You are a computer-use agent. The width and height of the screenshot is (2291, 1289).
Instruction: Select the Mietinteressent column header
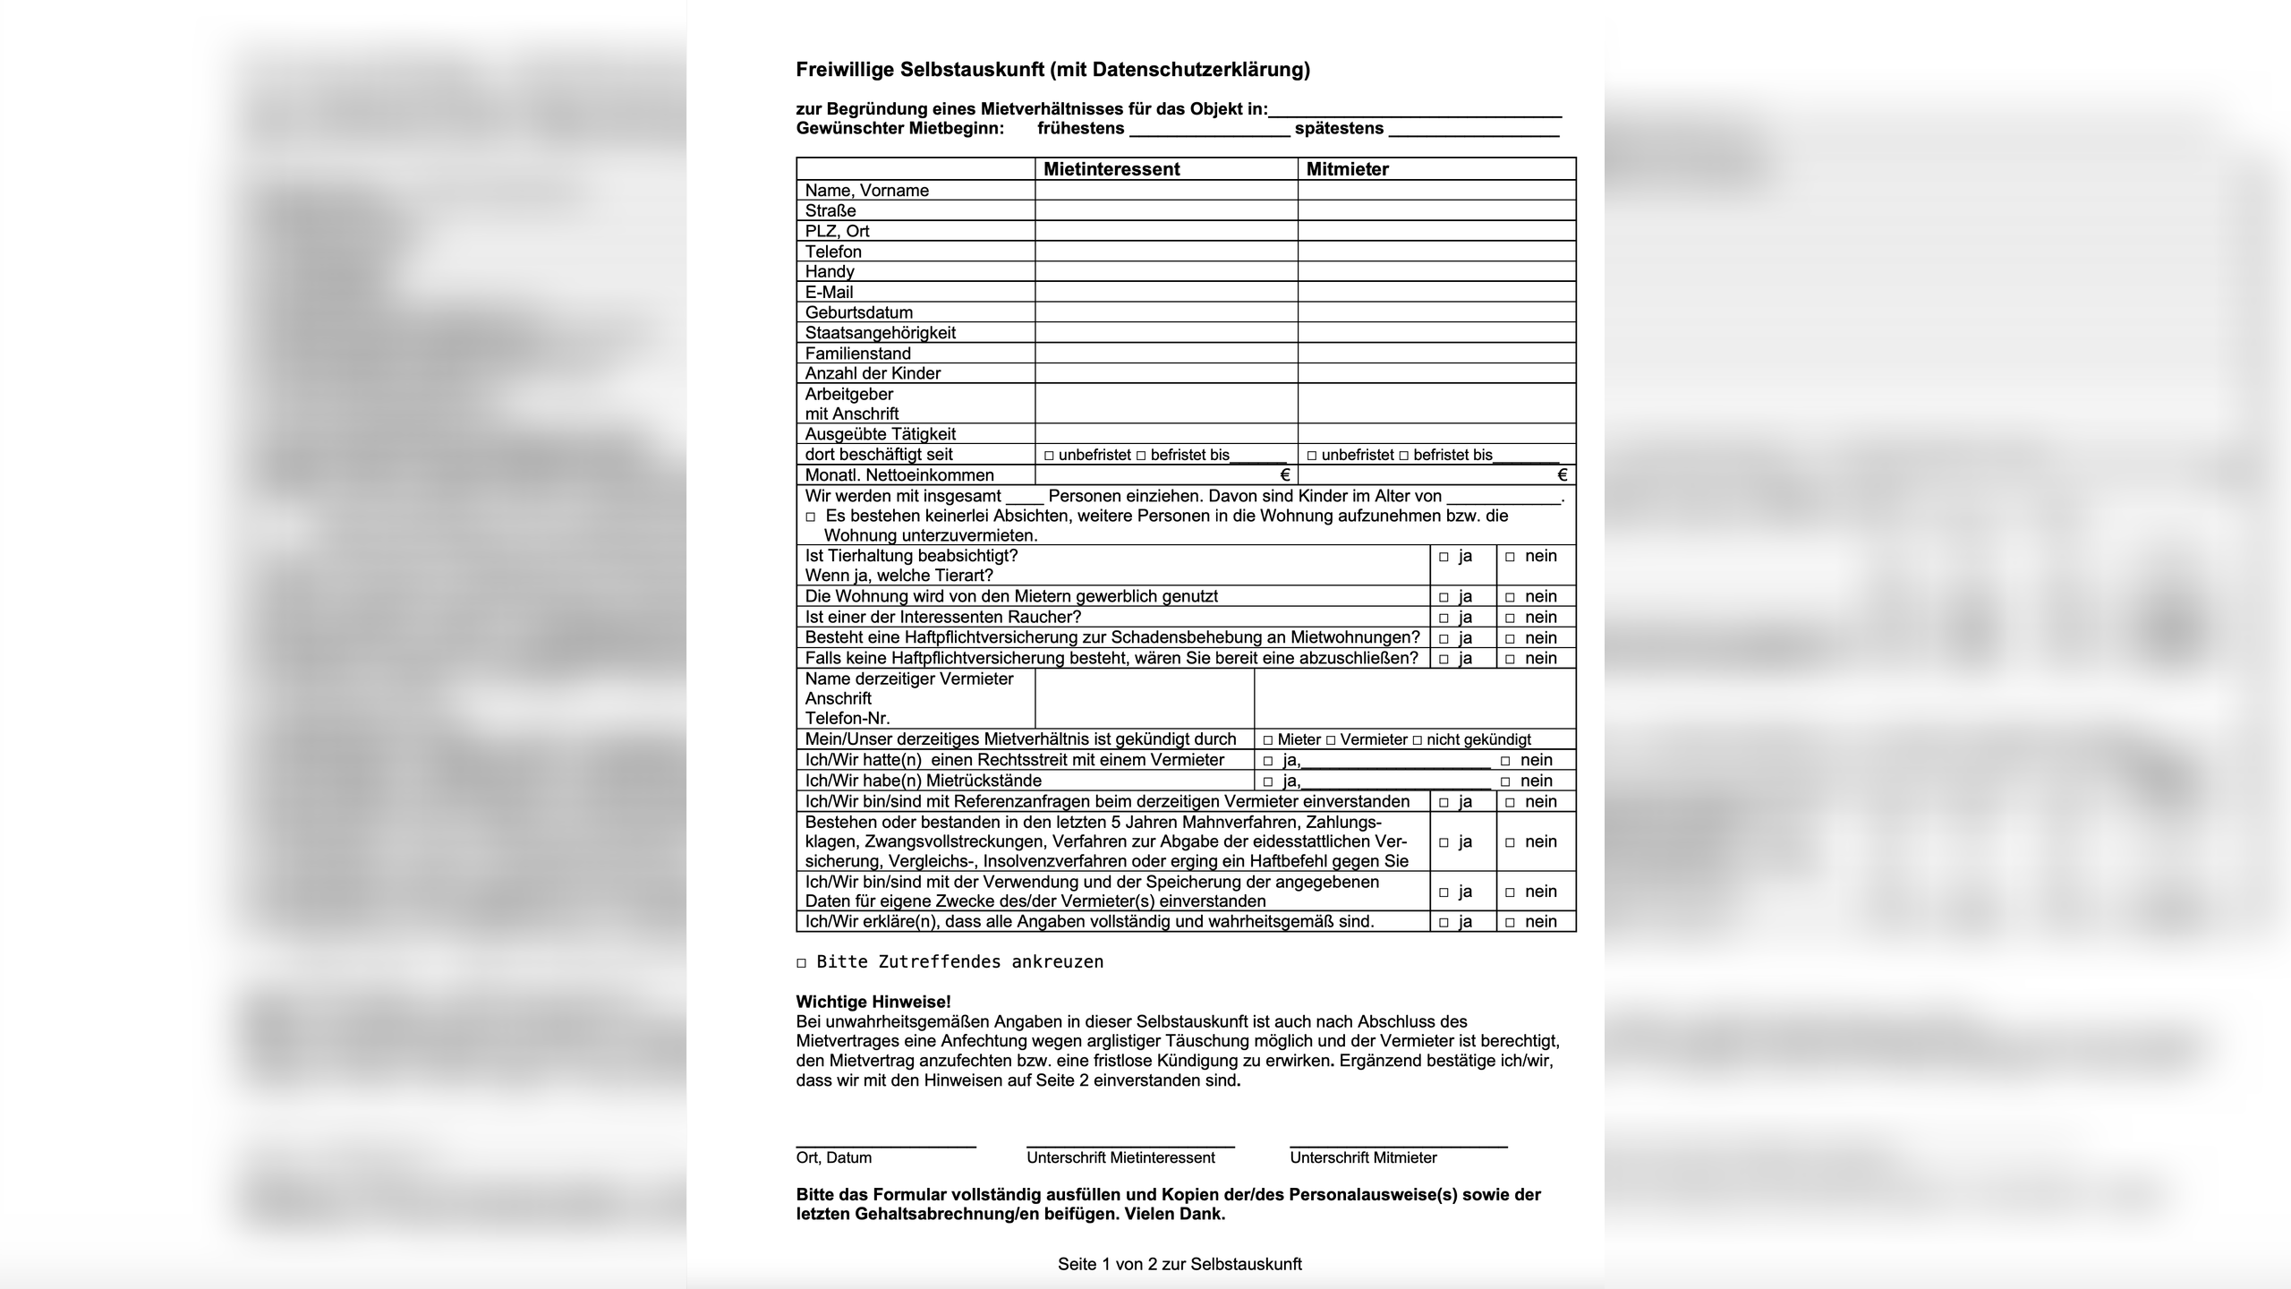[1111, 169]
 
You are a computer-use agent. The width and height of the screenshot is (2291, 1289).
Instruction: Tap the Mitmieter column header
[1347, 169]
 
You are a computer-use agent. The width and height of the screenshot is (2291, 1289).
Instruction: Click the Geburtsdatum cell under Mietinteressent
[1166, 312]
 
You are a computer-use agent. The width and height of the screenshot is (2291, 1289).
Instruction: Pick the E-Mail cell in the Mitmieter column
[1436, 292]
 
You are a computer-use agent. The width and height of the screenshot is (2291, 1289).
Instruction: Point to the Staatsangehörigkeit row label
[880, 333]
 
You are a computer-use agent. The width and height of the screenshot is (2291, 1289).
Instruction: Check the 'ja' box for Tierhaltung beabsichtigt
[1444, 557]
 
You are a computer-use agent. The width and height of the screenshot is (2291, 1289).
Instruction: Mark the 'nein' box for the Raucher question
[1510, 618]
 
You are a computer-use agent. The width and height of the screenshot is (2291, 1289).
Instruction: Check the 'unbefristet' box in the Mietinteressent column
[1049, 456]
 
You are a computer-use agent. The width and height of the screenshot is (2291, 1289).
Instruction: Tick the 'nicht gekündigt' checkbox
[1417, 740]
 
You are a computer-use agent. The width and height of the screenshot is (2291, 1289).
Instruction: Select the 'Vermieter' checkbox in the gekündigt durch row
[1331, 740]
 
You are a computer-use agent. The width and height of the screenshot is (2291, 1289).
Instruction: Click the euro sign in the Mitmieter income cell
[1562, 475]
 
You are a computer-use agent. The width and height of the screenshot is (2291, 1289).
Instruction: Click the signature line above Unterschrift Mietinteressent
[1130, 1146]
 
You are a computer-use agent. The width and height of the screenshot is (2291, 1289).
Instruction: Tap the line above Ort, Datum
[885, 1146]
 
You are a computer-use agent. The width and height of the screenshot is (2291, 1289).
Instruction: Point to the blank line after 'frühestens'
[1209, 134]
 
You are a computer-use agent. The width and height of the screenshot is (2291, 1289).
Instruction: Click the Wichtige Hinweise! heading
[873, 1002]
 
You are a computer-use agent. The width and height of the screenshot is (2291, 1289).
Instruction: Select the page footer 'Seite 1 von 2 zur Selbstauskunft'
[1180, 1264]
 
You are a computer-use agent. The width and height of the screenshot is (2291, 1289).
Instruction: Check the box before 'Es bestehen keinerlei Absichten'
[811, 517]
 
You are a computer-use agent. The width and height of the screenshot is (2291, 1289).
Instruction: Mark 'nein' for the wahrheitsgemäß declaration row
[1510, 922]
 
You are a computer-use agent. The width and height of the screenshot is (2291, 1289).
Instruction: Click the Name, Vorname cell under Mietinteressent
[1166, 190]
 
